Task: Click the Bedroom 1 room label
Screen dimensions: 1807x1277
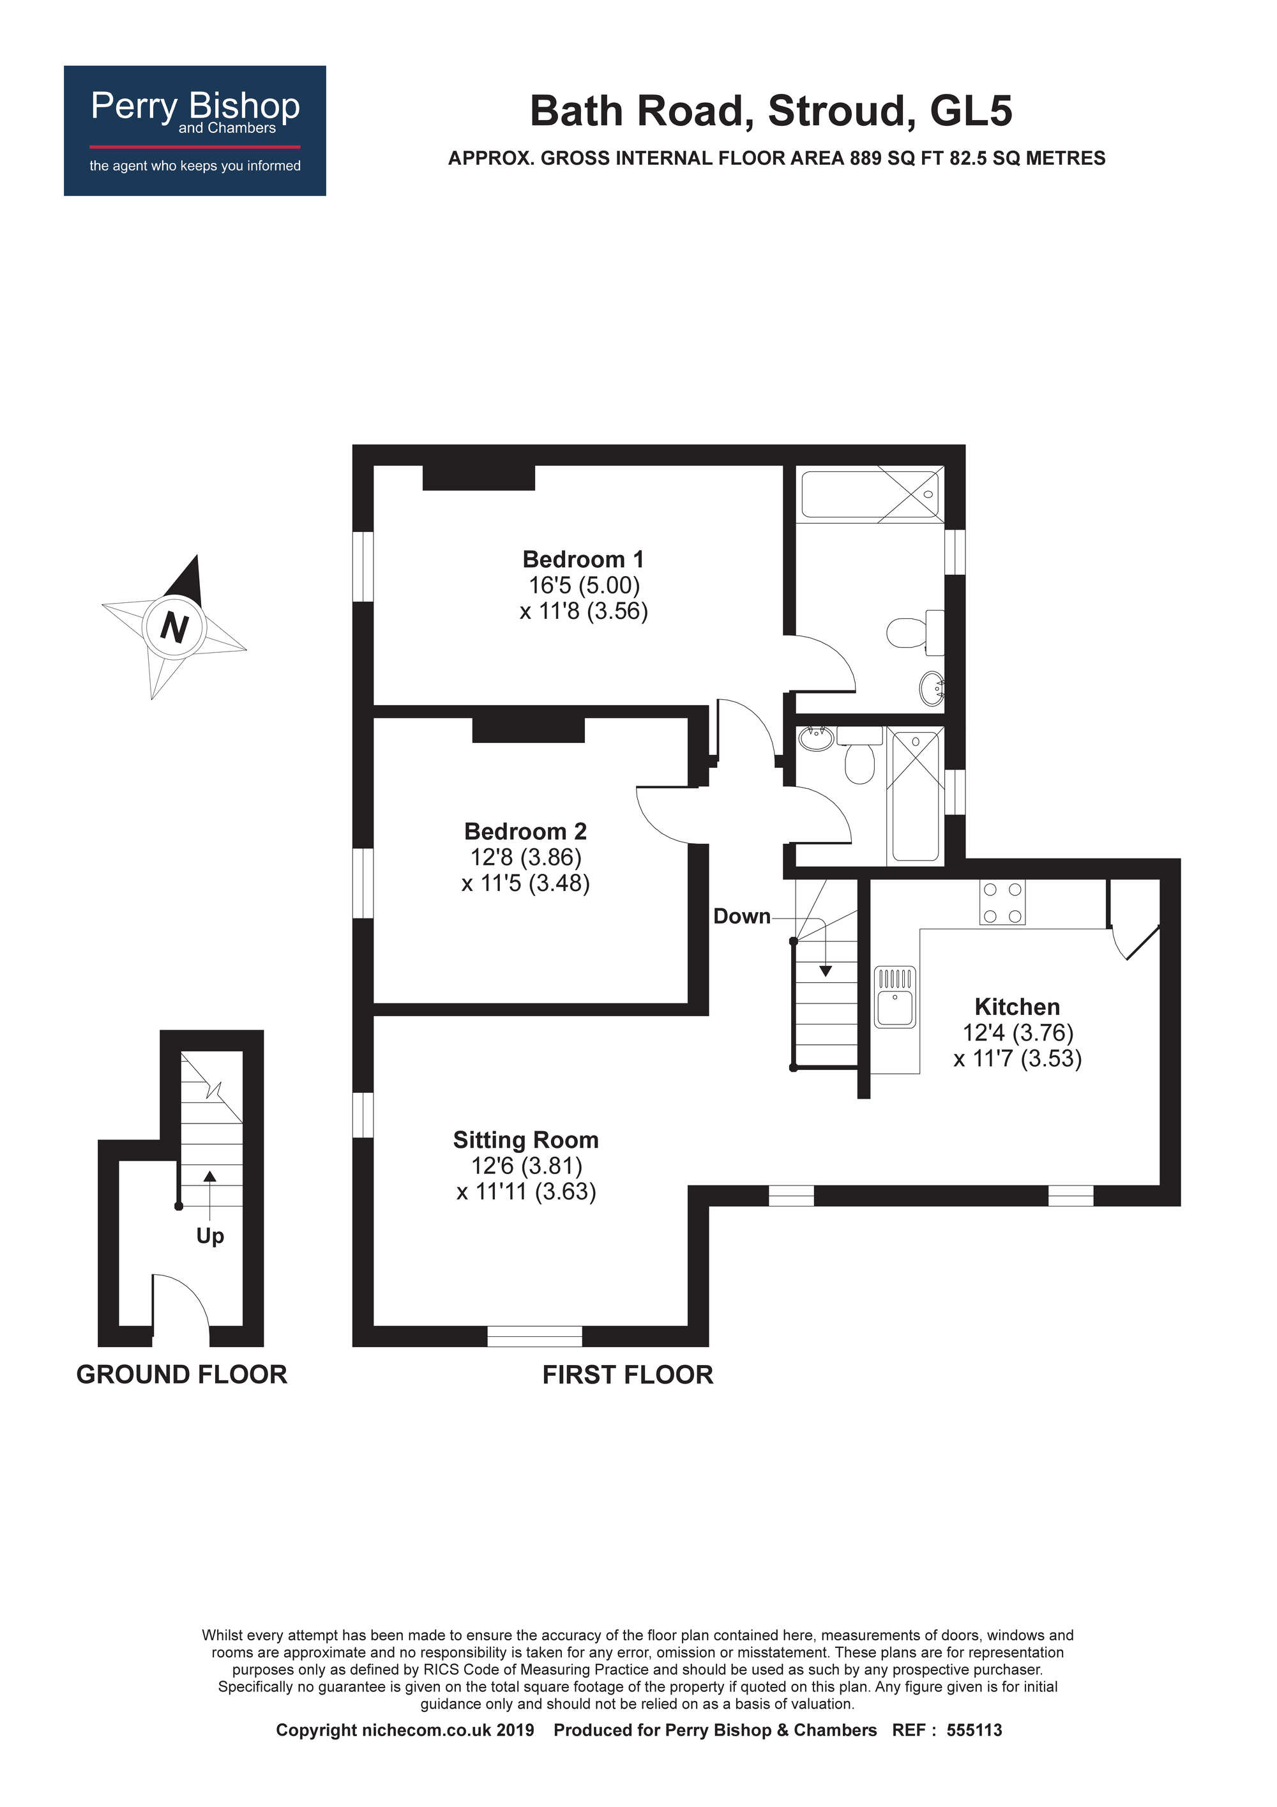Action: coord(583,560)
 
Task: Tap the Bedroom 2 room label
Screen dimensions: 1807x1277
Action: coord(525,831)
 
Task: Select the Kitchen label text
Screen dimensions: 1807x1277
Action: coord(1016,1007)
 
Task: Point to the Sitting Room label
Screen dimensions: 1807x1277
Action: coord(525,1140)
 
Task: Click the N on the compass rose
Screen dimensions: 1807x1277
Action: coord(174,627)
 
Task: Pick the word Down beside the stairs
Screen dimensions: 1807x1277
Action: coord(741,916)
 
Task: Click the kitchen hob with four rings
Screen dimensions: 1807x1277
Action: coord(1002,902)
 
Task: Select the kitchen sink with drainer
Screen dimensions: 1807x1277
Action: coord(895,997)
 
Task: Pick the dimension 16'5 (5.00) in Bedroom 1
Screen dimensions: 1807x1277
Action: coord(584,586)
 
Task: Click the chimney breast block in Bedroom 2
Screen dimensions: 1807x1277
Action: coord(528,729)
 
